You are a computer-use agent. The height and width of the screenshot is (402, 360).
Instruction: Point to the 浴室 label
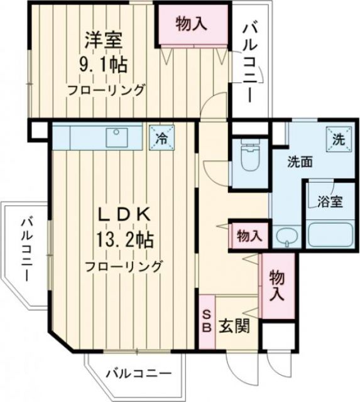(x=329, y=202)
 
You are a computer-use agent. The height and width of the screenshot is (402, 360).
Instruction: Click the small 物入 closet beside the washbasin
(x=249, y=236)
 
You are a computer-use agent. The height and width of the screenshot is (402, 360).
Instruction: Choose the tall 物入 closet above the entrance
(x=276, y=284)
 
